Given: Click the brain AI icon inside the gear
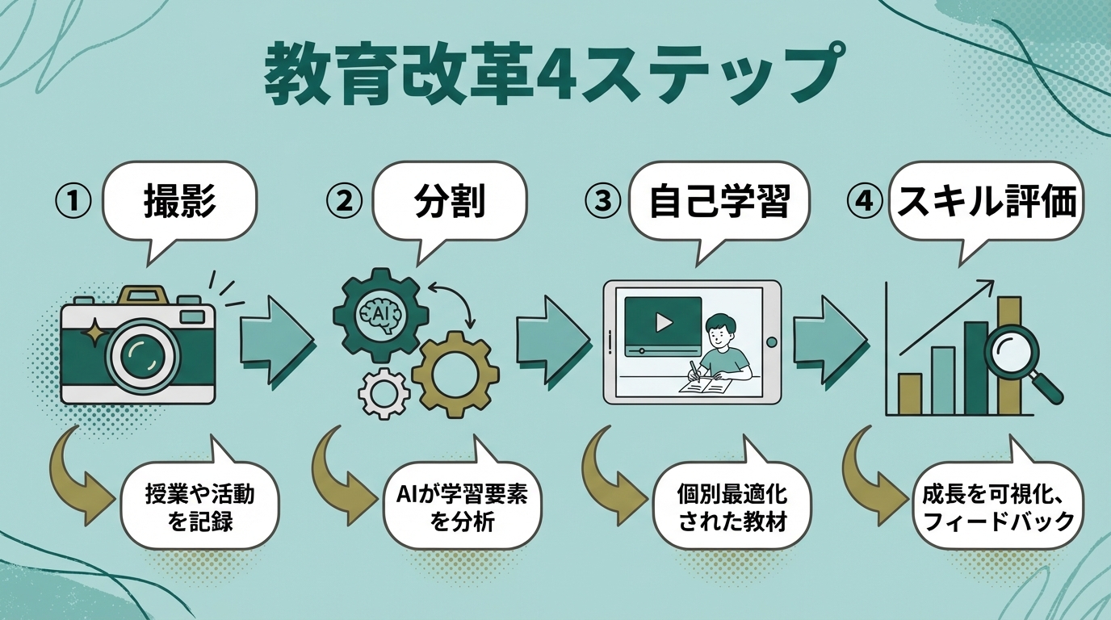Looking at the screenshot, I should (375, 312).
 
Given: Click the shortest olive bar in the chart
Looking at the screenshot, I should (910, 394).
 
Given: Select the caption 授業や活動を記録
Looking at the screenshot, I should (200, 506).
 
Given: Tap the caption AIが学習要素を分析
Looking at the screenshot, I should (463, 507).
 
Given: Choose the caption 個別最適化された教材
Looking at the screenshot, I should (732, 507).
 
